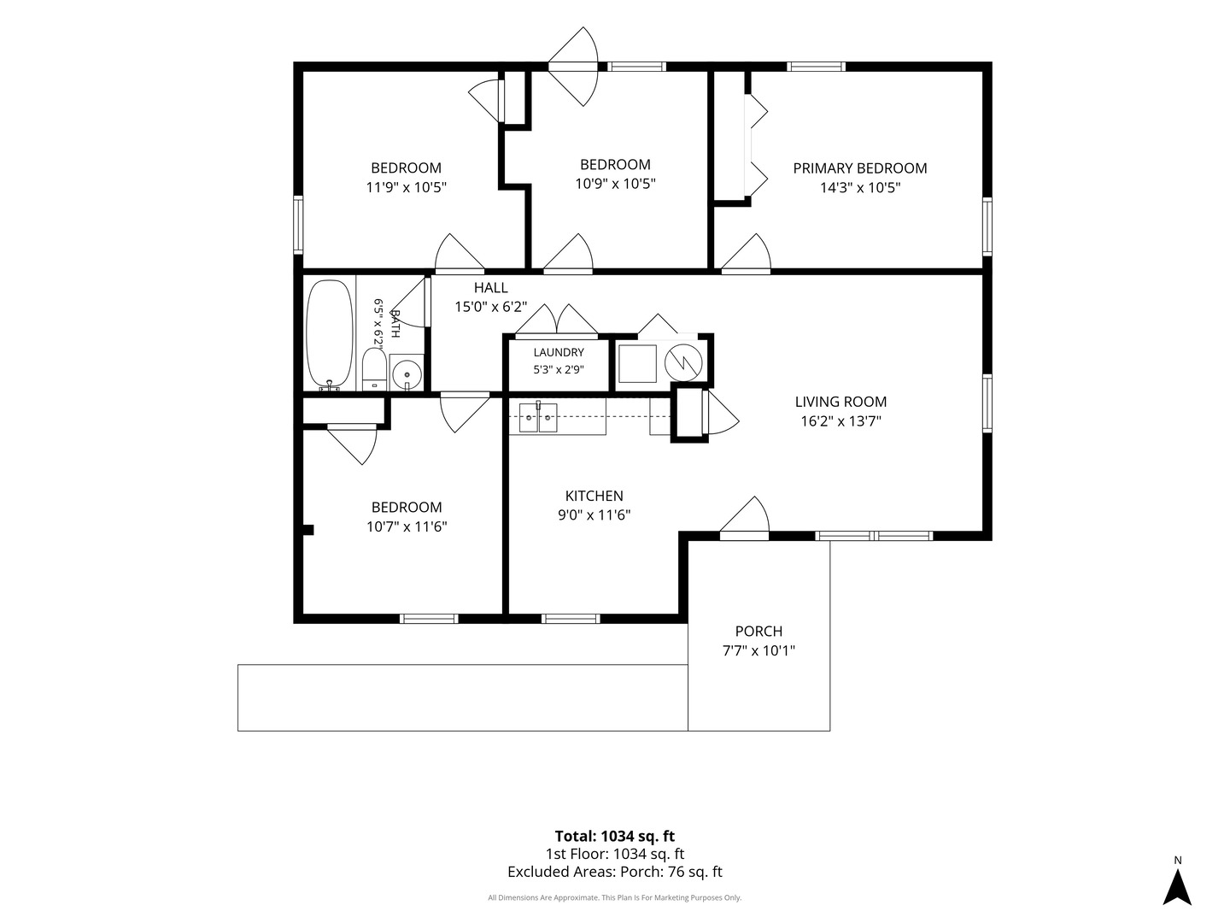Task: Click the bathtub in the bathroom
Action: click(330, 334)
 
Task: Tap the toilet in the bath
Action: click(374, 368)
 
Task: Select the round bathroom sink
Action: click(407, 373)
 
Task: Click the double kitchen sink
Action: click(538, 418)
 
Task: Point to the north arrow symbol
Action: click(1177, 886)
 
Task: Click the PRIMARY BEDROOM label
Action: click(859, 168)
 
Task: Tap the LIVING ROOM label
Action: click(840, 402)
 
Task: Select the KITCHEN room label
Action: click(594, 496)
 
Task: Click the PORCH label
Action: click(758, 632)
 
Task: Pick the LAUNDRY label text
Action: click(559, 352)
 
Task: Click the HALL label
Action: click(491, 288)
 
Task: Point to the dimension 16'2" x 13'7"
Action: click(840, 421)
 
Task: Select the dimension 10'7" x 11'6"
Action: click(407, 526)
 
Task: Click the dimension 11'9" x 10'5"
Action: click(407, 187)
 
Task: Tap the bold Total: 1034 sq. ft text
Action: click(615, 837)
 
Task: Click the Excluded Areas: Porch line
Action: click(615, 872)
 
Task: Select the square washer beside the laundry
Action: click(638, 364)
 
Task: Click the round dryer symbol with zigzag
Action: click(683, 363)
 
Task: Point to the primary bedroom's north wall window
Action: click(816, 67)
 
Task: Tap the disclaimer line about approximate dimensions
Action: click(615, 897)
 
